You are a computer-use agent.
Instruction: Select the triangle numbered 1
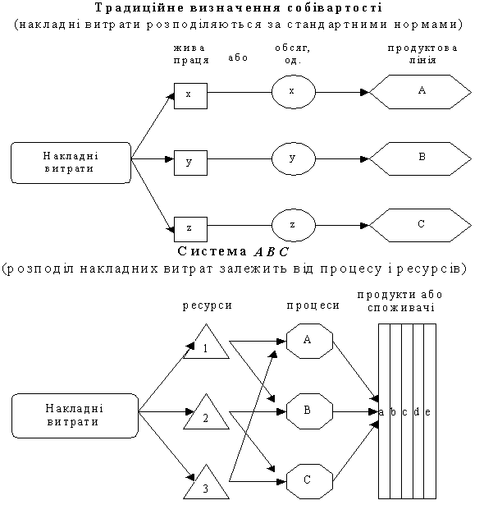pos(206,342)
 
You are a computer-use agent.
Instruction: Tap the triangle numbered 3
pos(206,481)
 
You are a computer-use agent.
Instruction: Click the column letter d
pos(417,411)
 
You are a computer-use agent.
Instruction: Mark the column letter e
pos(427,412)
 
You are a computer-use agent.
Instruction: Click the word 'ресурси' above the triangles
pos(207,305)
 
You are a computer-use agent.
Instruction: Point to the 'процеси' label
pos(313,305)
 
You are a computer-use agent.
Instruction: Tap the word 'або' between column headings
pos(238,57)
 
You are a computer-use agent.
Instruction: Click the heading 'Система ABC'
pos(233,251)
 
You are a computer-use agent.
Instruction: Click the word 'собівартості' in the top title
pos(335,8)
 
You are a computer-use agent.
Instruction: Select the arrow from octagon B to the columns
pos(355,411)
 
